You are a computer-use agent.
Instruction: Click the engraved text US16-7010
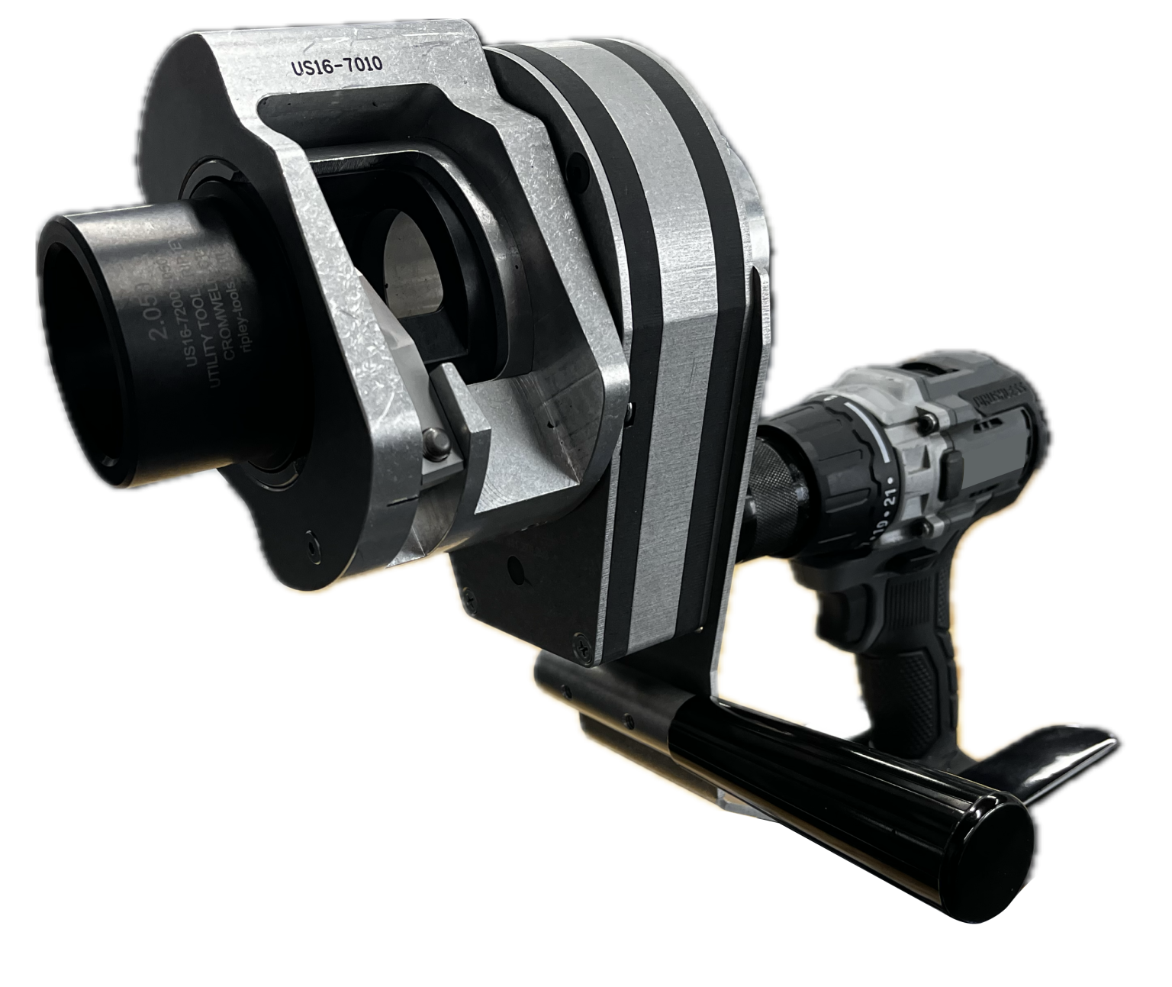point(336,67)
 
